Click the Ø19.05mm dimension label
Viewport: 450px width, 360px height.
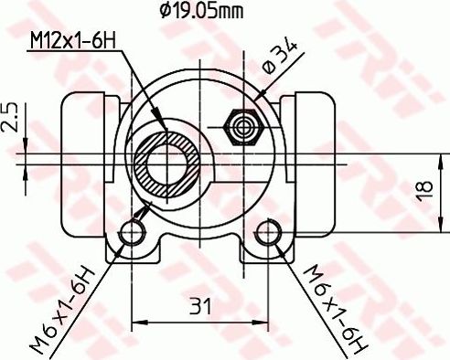click(x=200, y=11)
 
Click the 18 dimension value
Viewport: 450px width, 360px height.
click(x=423, y=190)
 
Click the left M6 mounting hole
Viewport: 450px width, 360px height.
click(x=134, y=234)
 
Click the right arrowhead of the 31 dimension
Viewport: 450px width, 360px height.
click(x=264, y=322)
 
